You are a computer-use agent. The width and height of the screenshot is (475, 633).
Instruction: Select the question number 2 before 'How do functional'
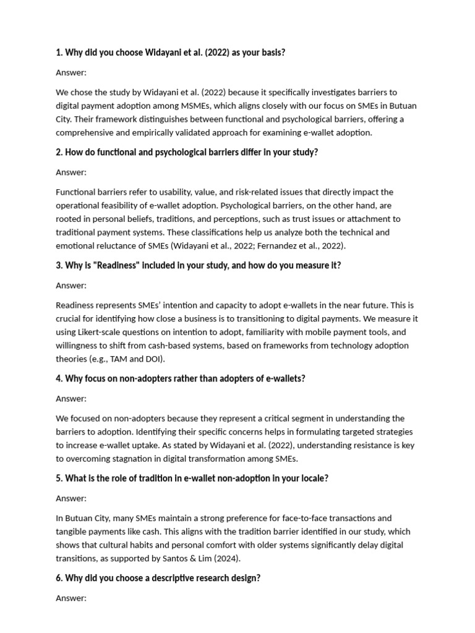click(x=59, y=152)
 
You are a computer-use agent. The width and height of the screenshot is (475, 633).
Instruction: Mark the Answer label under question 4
click(x=71, y=399)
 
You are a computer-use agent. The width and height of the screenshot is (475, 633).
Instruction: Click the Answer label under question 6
click(x=71, y=598)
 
